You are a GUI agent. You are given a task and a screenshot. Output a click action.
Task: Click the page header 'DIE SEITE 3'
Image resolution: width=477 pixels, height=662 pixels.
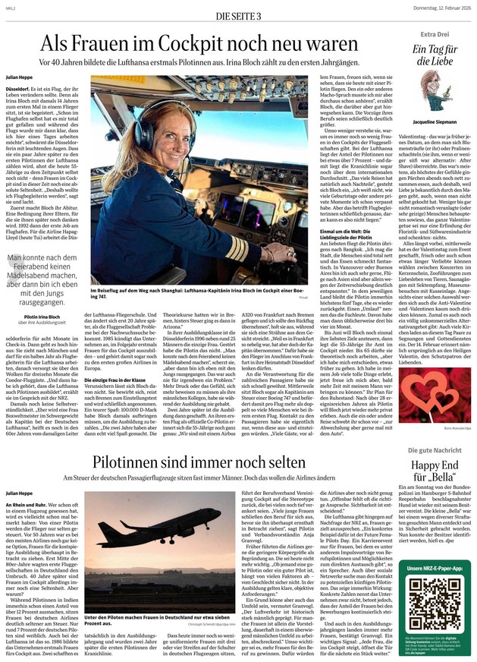click(x=237, y=16)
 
